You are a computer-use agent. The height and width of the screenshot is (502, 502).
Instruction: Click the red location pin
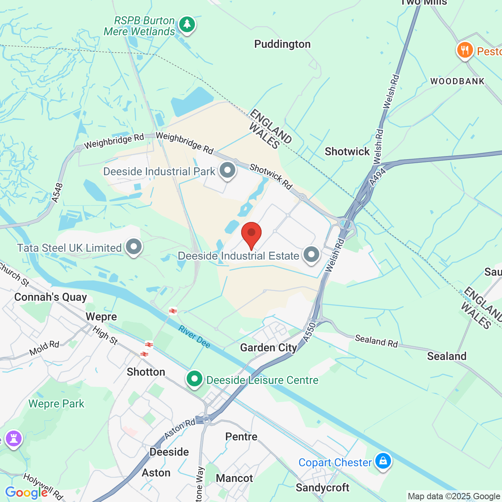click(251, 234)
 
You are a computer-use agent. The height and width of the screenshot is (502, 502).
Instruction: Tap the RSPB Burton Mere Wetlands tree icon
click(187, 25)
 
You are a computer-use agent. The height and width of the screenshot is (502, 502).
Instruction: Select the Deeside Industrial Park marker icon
click(227, 171)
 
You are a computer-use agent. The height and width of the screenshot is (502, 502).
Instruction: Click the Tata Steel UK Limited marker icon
click(134, 247)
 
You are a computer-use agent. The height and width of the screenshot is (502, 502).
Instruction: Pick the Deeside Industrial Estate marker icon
click(311, 255)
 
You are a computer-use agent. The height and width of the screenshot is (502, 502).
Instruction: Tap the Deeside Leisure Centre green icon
click(195, 379)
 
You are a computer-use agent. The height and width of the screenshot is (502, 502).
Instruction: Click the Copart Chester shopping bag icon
click(383, 461)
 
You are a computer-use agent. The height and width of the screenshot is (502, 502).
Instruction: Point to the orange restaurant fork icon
click(465, 50)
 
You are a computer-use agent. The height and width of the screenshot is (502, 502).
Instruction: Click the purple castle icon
click(14, 439)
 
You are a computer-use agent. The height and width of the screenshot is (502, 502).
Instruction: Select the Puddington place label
click(282, 44)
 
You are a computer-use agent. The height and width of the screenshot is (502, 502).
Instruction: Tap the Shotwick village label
click(347, 152)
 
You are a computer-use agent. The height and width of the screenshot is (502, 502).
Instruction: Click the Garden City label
click(269, 348)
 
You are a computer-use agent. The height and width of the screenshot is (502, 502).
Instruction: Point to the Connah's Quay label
click(51, 297)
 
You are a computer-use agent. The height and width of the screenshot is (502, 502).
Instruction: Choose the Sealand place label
click(447, 356)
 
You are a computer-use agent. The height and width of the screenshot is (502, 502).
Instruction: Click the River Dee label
click(195, 336)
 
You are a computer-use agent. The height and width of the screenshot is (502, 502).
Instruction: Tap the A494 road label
click(378, 176)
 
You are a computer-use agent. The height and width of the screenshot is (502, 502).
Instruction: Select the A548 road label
click(57, 193)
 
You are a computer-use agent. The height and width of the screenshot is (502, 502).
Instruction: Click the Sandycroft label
click(322, 487)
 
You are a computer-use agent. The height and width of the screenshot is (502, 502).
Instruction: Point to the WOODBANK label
click(457, 82)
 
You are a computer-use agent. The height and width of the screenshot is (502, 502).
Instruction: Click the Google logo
click(26, 493)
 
